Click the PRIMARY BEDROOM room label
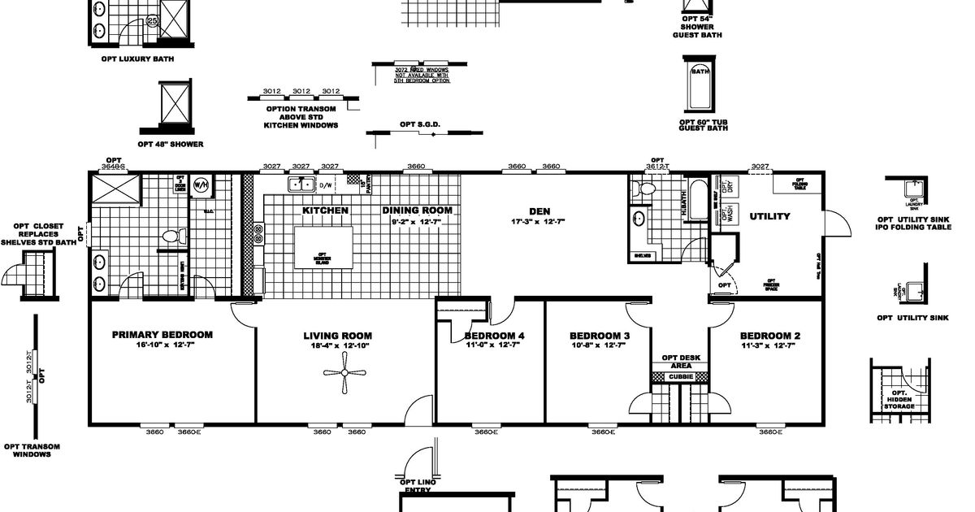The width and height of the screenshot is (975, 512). [162, 335]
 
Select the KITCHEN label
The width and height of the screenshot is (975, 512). [325, 210]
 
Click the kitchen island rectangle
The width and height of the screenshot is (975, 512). [323, 248]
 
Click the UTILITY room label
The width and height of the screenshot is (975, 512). [769, 217]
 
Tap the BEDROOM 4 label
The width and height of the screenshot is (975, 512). [494, 336]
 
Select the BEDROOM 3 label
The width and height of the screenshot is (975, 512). [600, 336]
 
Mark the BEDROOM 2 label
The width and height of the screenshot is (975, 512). [770, 336]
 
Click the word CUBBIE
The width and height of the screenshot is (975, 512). [680, 377]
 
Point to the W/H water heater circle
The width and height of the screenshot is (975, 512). [201, 185]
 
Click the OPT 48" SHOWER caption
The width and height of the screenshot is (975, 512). [171, 144]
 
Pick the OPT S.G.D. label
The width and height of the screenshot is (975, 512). [420, 124]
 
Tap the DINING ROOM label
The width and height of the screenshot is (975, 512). [417, 210]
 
